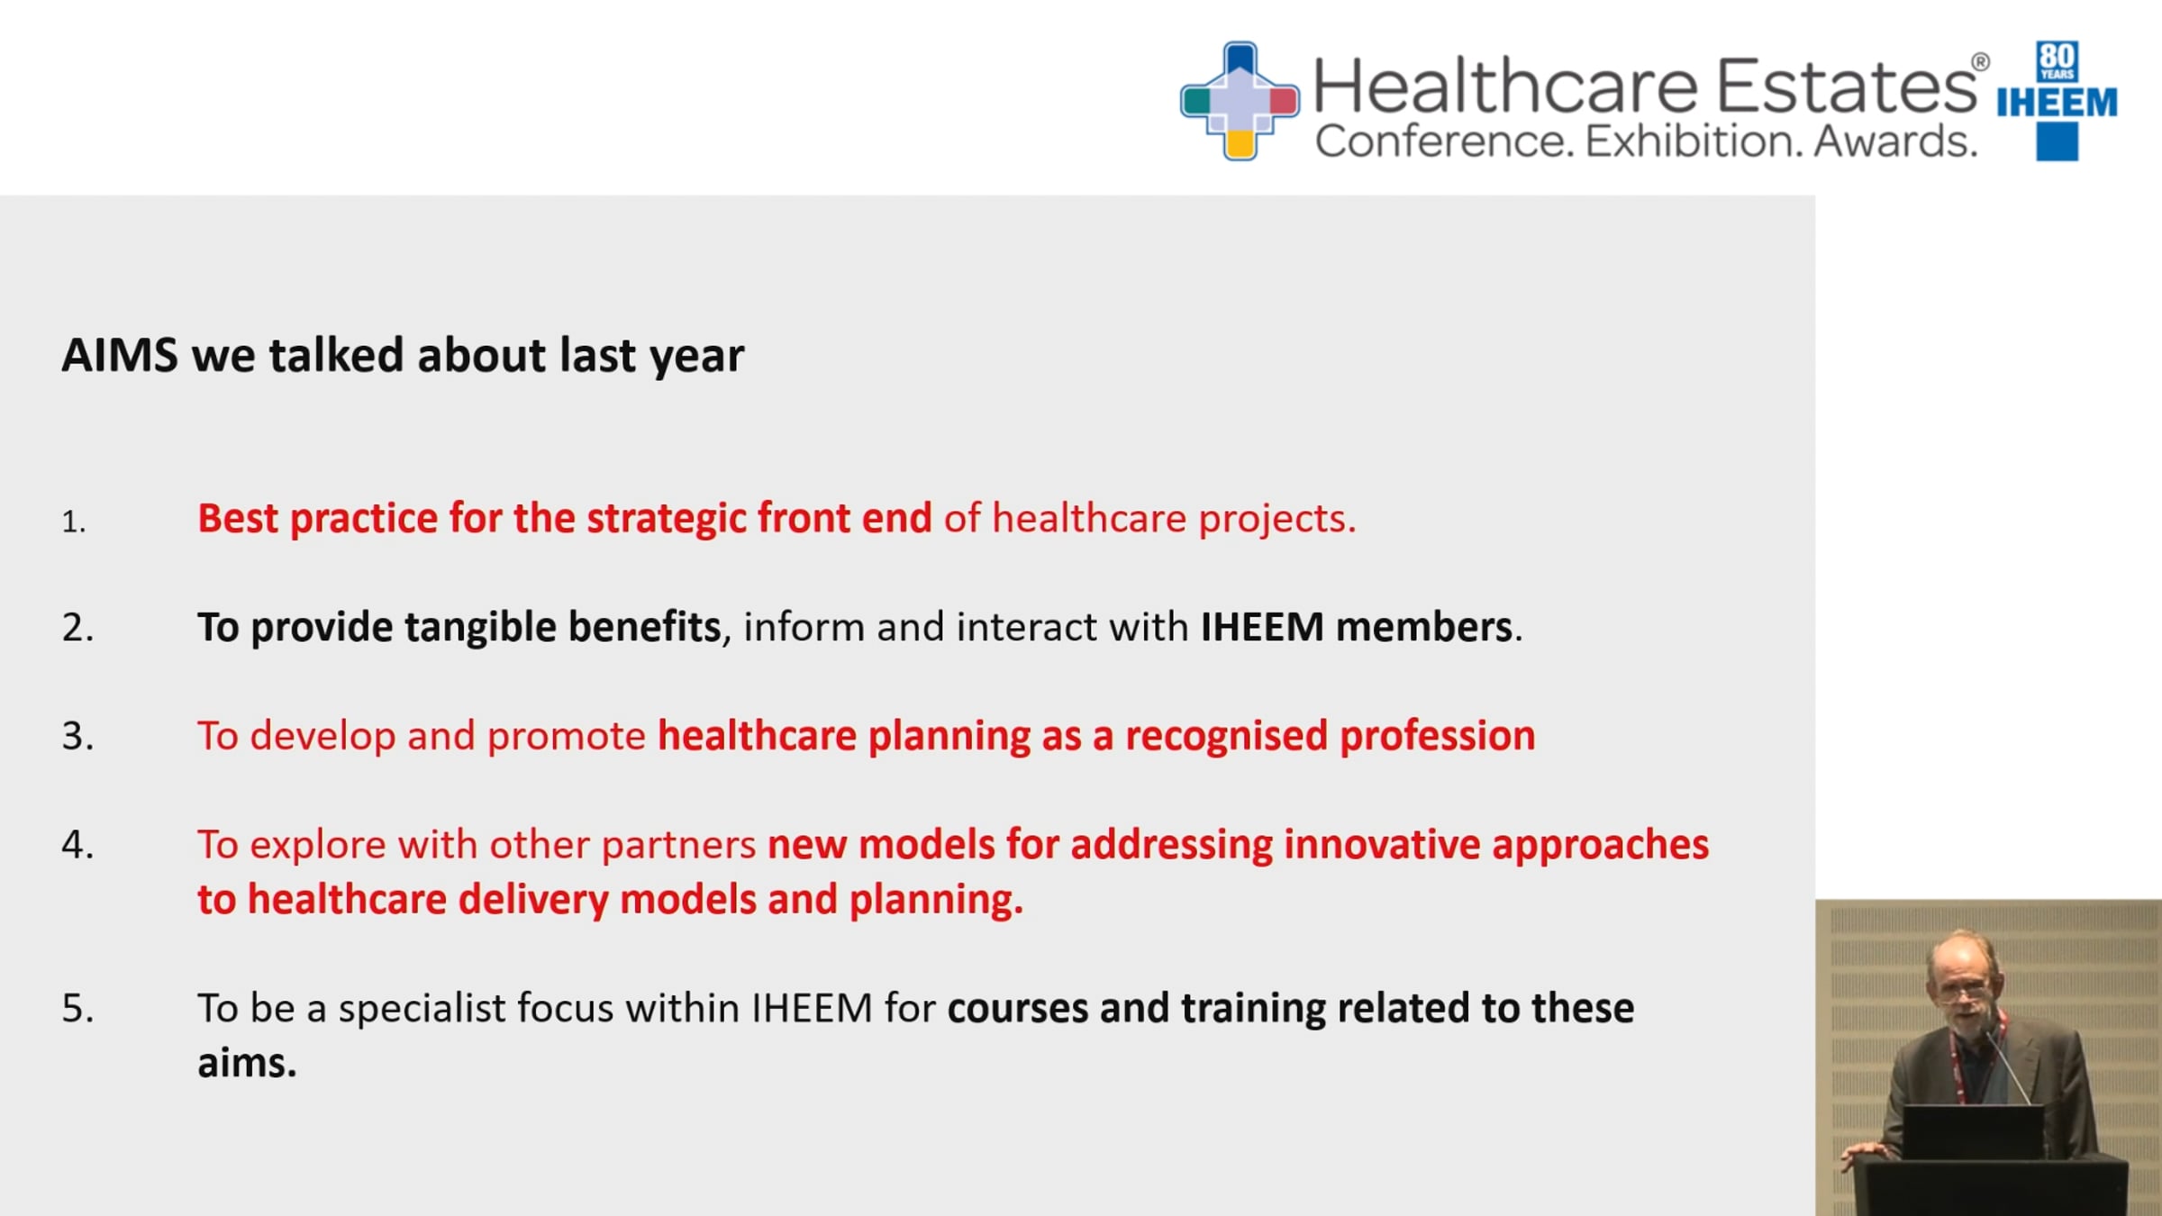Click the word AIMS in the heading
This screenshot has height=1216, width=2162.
pos(120,355)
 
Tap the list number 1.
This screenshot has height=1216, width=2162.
pos(73,522)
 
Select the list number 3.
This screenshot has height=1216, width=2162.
pos(77,735)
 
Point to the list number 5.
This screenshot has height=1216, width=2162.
pos(77,1007)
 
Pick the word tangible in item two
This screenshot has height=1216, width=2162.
pos(480,628)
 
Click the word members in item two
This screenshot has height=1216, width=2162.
pos(1423,627)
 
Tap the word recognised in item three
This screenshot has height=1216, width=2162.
pos(1226,737)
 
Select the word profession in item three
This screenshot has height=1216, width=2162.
pos(1438,737)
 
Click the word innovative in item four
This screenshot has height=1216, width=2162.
pos(1382,845)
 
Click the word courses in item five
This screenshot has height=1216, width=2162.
pos(1018,1009)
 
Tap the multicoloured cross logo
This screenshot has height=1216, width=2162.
pos(1240,101)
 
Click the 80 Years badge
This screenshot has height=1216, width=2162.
pos(2058,61)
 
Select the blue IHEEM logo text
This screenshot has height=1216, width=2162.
pos(2057,104)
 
